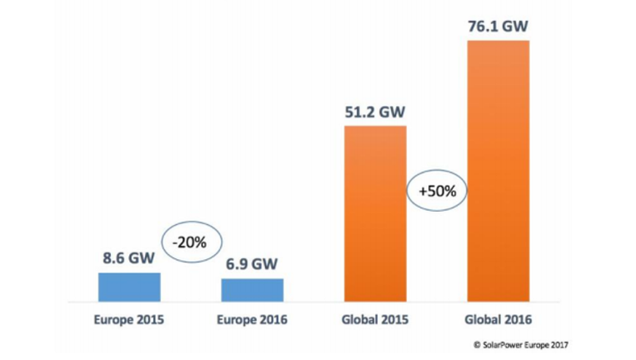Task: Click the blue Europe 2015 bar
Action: [129, 286]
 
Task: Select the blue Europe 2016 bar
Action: [253, 290]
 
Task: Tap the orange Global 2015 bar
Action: [375, 213]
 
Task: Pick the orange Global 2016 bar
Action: [498, 170]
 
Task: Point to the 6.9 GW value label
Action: [253, 265]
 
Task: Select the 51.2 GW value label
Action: [375, 111]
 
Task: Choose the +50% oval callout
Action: [437, 190]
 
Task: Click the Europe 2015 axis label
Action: [129, 319]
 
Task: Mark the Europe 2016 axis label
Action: [253, 319]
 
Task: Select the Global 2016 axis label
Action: [498, 319]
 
